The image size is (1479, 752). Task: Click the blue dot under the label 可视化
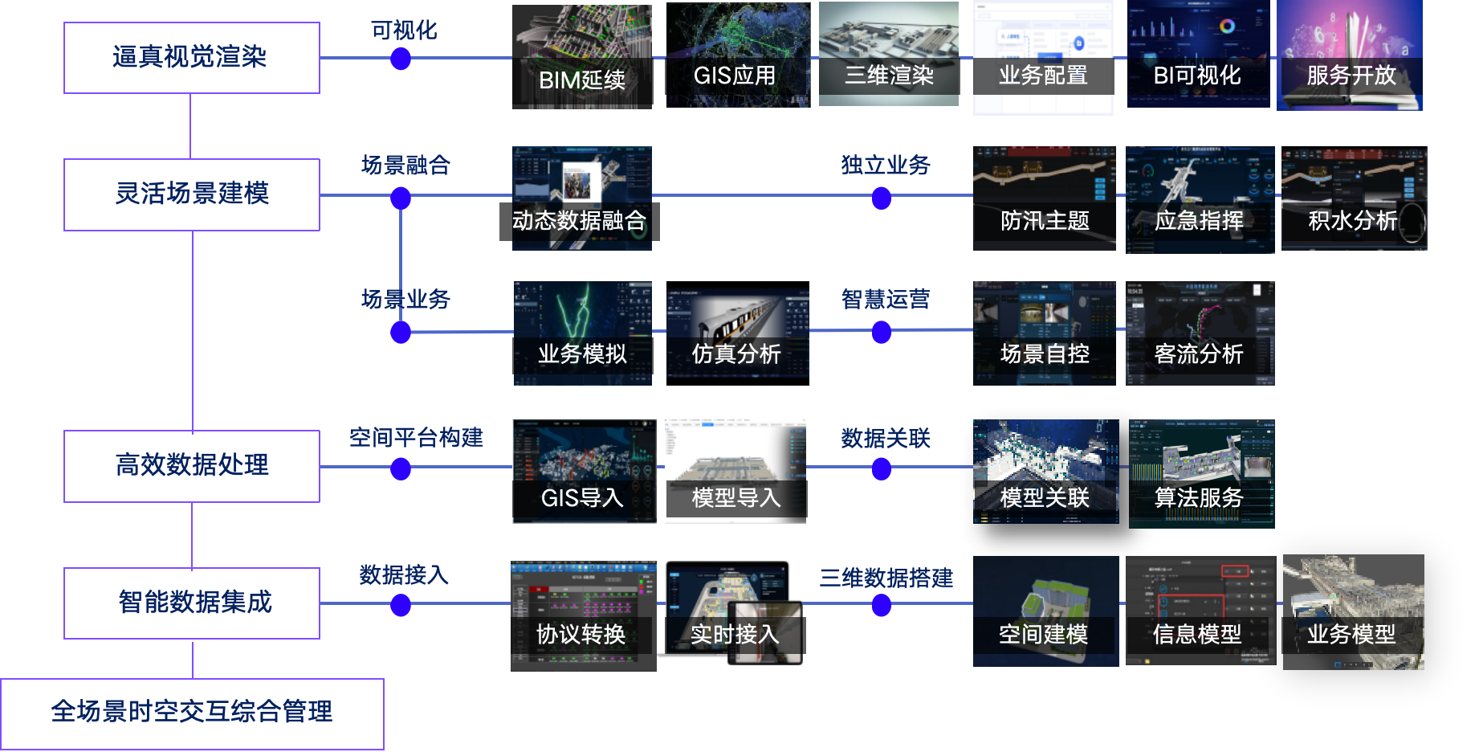[x=401, y=59]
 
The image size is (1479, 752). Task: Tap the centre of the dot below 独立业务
[x=882, y=198]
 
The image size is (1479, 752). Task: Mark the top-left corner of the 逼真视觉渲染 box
[x=64, y=22]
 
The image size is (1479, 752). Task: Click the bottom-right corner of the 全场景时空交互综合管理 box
[x=384, y=750]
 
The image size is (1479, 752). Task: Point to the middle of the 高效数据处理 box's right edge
[x=320, y=467]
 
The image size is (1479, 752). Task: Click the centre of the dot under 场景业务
[x=401, y=332]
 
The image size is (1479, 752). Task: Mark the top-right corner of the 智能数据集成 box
[x=320, y=568]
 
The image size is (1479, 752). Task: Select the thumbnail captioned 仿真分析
[x=738, y=333]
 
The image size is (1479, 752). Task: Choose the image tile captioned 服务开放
[x=1350, y=55]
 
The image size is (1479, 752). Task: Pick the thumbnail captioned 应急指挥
[x=1200, y=199]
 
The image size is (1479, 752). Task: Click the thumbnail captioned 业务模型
[x=1354, y=612]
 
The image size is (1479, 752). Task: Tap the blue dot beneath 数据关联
[x=882, y=469]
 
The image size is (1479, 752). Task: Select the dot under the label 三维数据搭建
[x=882, y=606]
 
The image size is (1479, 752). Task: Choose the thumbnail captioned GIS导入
[x=585, y=471]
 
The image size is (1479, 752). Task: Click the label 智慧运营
[x=886, y=299]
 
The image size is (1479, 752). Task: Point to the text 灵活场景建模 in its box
[x=192, y=194]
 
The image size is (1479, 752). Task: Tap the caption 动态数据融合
[x=580, y=221]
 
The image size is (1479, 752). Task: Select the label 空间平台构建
[x=416, y=437]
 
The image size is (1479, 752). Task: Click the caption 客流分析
[x=1199, y=354]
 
